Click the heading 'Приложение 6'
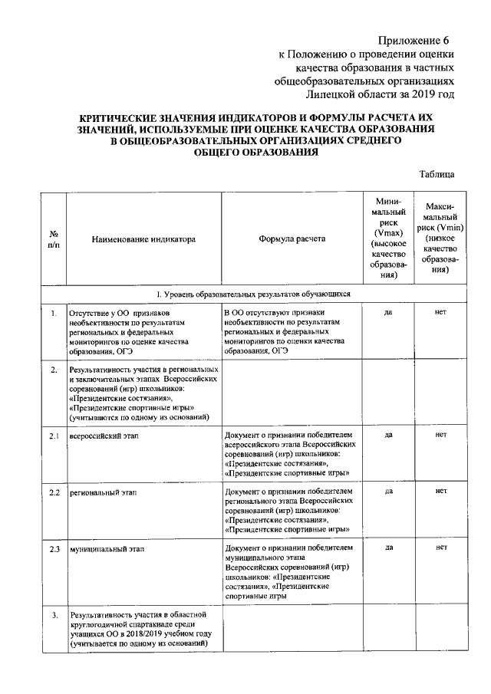pos(412,39)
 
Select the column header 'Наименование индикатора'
pos(143,238)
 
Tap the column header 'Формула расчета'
pos(292,238)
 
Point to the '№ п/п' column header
pos(54,238)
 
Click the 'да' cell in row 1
pos(388,314)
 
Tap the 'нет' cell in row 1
pos(440,314)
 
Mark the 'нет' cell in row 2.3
pos(440,548)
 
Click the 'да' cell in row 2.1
pos(388,435)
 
